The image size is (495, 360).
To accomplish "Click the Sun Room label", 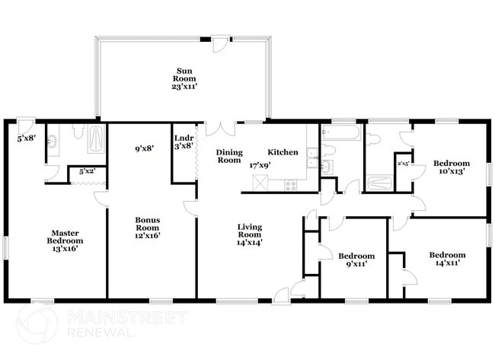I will pyautogui.click(x=184, y=75).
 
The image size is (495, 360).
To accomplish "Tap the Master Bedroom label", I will pyautogui.click(x=67, y=237).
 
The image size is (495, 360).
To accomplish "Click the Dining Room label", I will pyautogui.click(x=228, y=156).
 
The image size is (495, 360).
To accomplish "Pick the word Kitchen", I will pyautogui.click(x=283, y=152).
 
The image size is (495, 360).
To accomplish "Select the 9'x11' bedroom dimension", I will pyautogui.click(x=356, y=266).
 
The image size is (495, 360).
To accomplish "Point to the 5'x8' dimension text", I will pyautogui.click(x=27, y=139).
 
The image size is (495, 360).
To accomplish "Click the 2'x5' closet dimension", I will pyautogui.click(x=404, y=164).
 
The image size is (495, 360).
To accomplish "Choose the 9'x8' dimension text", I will pyautogui.click(x=143, y=149).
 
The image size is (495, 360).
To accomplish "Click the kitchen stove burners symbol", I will pyautogui.click(x=291, y=184).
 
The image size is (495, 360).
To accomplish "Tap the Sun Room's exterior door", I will pyautogui.click(x=219, y=43).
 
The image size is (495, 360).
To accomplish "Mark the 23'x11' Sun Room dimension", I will pyautogui.click(x=184, y=87).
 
